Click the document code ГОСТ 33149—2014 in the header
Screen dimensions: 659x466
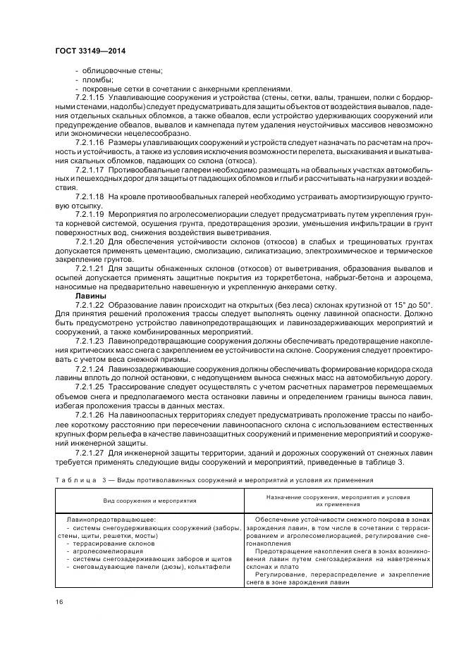[95, 50]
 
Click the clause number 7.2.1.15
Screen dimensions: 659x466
[90, 97]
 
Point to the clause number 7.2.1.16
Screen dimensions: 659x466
[90, 142]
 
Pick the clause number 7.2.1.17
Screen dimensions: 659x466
[90, 170]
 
